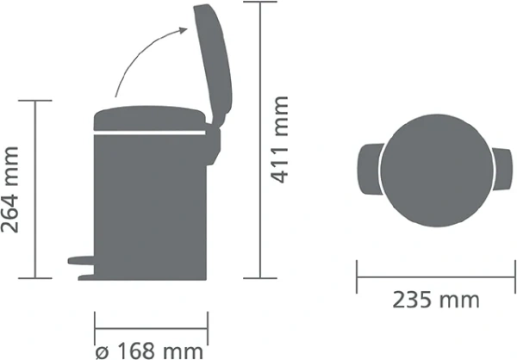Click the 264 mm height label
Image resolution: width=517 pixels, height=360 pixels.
pyautogui.click(x=11, y=190)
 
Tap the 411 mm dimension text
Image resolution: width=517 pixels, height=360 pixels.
pyautogui.click(x=279, y=140)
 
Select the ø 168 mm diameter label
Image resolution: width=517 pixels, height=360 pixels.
pyautogui.click(x=149, y=350)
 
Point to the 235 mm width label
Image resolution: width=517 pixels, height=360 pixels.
pyautogui.click(x=436, y=301)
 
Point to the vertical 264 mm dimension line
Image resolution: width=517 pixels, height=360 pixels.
pyautogui.click(x=35, y=189)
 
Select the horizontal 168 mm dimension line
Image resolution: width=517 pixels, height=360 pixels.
pyautogui.click(x=150, y=327)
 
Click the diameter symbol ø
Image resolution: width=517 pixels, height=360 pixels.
pyautogui.click(x=101, y=350)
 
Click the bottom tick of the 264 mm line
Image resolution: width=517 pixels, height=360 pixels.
pyautogui.click(x=35, y=278)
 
